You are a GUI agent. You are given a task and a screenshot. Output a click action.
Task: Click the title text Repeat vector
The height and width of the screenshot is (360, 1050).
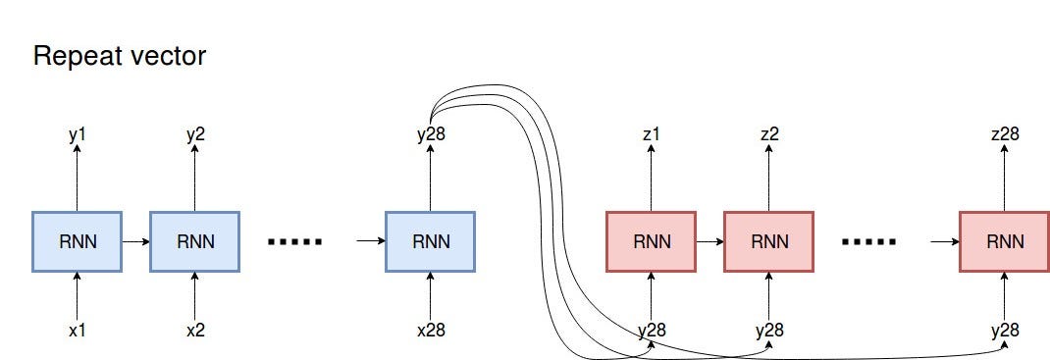coord(120,57)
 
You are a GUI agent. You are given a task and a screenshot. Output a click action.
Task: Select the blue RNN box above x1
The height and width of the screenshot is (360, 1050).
coord(77,240)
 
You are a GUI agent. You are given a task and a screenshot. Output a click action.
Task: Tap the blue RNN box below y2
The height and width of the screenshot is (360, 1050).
coord(194,240)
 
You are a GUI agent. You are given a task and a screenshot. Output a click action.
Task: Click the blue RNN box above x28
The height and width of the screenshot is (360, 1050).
coord(430,240)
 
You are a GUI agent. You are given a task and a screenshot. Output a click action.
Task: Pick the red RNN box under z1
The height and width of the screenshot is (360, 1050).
coord(652,240)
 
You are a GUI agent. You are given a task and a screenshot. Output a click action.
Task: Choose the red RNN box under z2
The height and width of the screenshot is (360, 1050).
coord(768,240)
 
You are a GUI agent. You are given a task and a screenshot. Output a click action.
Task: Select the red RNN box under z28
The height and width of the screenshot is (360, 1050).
coord(1004,240)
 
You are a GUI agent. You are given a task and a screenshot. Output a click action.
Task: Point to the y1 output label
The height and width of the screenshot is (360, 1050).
coord(77,134)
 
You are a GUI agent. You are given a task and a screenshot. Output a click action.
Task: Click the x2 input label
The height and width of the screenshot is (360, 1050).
coord(194,330)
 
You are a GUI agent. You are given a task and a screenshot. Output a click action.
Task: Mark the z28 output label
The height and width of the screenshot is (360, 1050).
coord(1004,134)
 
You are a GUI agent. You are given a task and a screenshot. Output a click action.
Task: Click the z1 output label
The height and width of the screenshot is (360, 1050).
coord(652,134)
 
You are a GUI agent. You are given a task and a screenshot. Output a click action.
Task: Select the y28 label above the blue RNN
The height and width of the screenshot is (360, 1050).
coord(430,134)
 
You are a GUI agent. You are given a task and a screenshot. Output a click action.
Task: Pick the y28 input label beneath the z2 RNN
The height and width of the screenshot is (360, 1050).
coord(769,330)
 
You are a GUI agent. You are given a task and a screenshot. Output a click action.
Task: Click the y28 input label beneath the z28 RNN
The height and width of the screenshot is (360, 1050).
coord(1004,330)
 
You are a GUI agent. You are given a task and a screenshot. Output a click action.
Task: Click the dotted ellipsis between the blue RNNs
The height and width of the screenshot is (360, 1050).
coord(294,241)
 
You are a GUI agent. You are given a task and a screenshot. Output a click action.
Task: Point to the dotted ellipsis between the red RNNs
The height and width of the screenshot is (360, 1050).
coord(868,241)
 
